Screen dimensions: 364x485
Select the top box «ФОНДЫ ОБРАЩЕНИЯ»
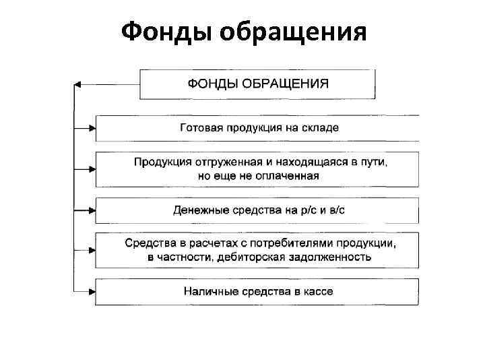tap(258, 84)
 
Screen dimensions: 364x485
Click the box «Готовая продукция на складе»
tap(258, 127)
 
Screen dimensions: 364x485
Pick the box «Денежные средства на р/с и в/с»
tap(258, 210)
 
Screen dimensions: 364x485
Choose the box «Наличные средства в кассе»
tap(258, 291)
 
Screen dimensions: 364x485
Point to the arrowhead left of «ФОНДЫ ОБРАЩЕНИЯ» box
tap(78, 84)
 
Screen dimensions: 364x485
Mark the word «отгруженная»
tap(236, 162)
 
